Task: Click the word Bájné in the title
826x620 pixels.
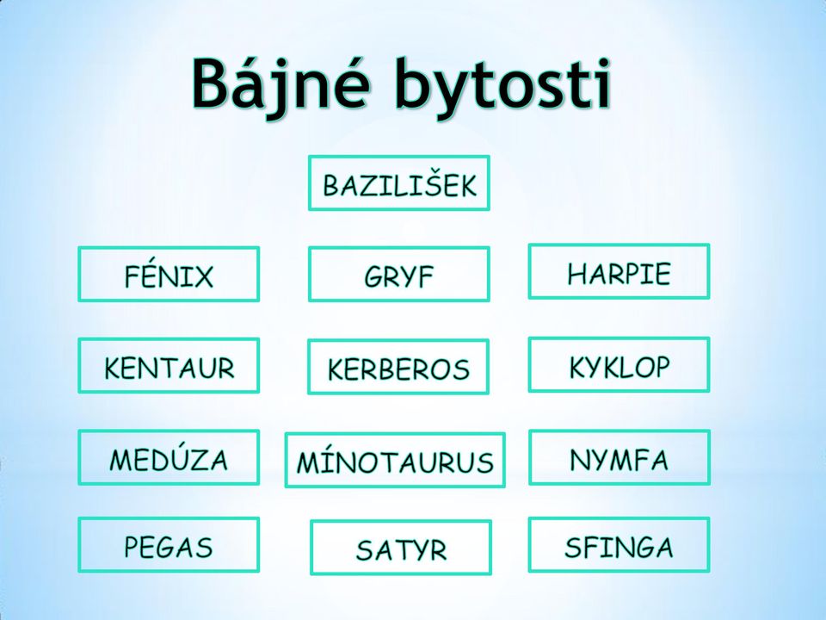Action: coord(279,84)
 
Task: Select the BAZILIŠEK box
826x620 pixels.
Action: coord(399,183)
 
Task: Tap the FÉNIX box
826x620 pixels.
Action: coord(169,274)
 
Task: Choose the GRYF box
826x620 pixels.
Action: coord(399,274)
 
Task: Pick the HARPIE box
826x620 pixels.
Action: coord(619,271)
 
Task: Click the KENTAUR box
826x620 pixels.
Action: coord(169,365)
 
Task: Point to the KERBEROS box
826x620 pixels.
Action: coord(398,367)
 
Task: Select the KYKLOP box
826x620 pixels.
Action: coord(619,365)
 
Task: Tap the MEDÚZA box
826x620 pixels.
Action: coord(169,457)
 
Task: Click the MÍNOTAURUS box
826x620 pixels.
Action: coord(395,460)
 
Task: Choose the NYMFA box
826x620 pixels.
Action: coord(619,457)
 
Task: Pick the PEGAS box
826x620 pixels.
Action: coord(169,544)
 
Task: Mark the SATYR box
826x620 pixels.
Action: coord(401,548)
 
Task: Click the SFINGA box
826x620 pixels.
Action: coord(619,544)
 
